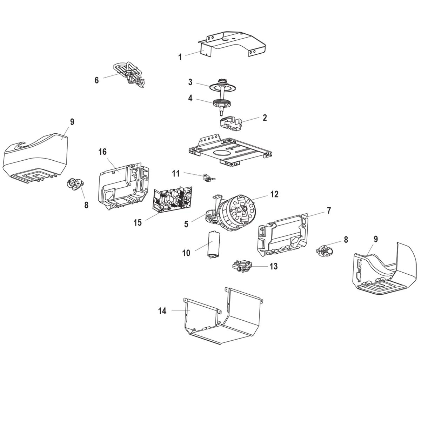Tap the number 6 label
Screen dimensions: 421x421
pos(97,80)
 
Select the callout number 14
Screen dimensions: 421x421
pos(162,310)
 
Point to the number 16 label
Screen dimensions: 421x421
pos(102,152)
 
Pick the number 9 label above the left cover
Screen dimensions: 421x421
pos(72,122)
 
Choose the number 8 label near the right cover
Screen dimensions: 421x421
pos(346,240)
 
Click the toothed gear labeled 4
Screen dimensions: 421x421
pos(222,102)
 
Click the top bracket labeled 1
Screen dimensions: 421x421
pos(232,44)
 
